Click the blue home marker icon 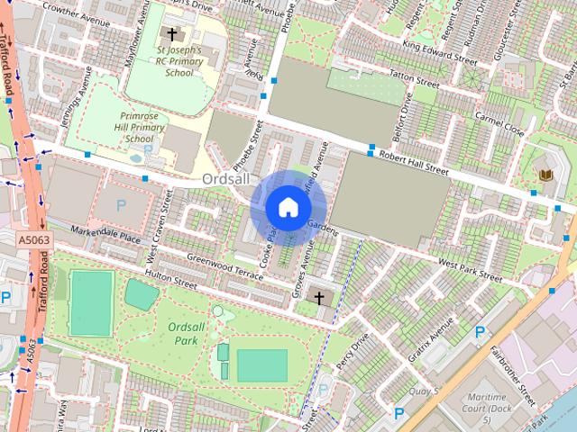(288, 207)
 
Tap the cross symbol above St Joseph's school (172, 33)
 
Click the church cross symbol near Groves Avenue (317, 297)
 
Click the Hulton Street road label (170, 282)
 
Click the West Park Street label (470, 265)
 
